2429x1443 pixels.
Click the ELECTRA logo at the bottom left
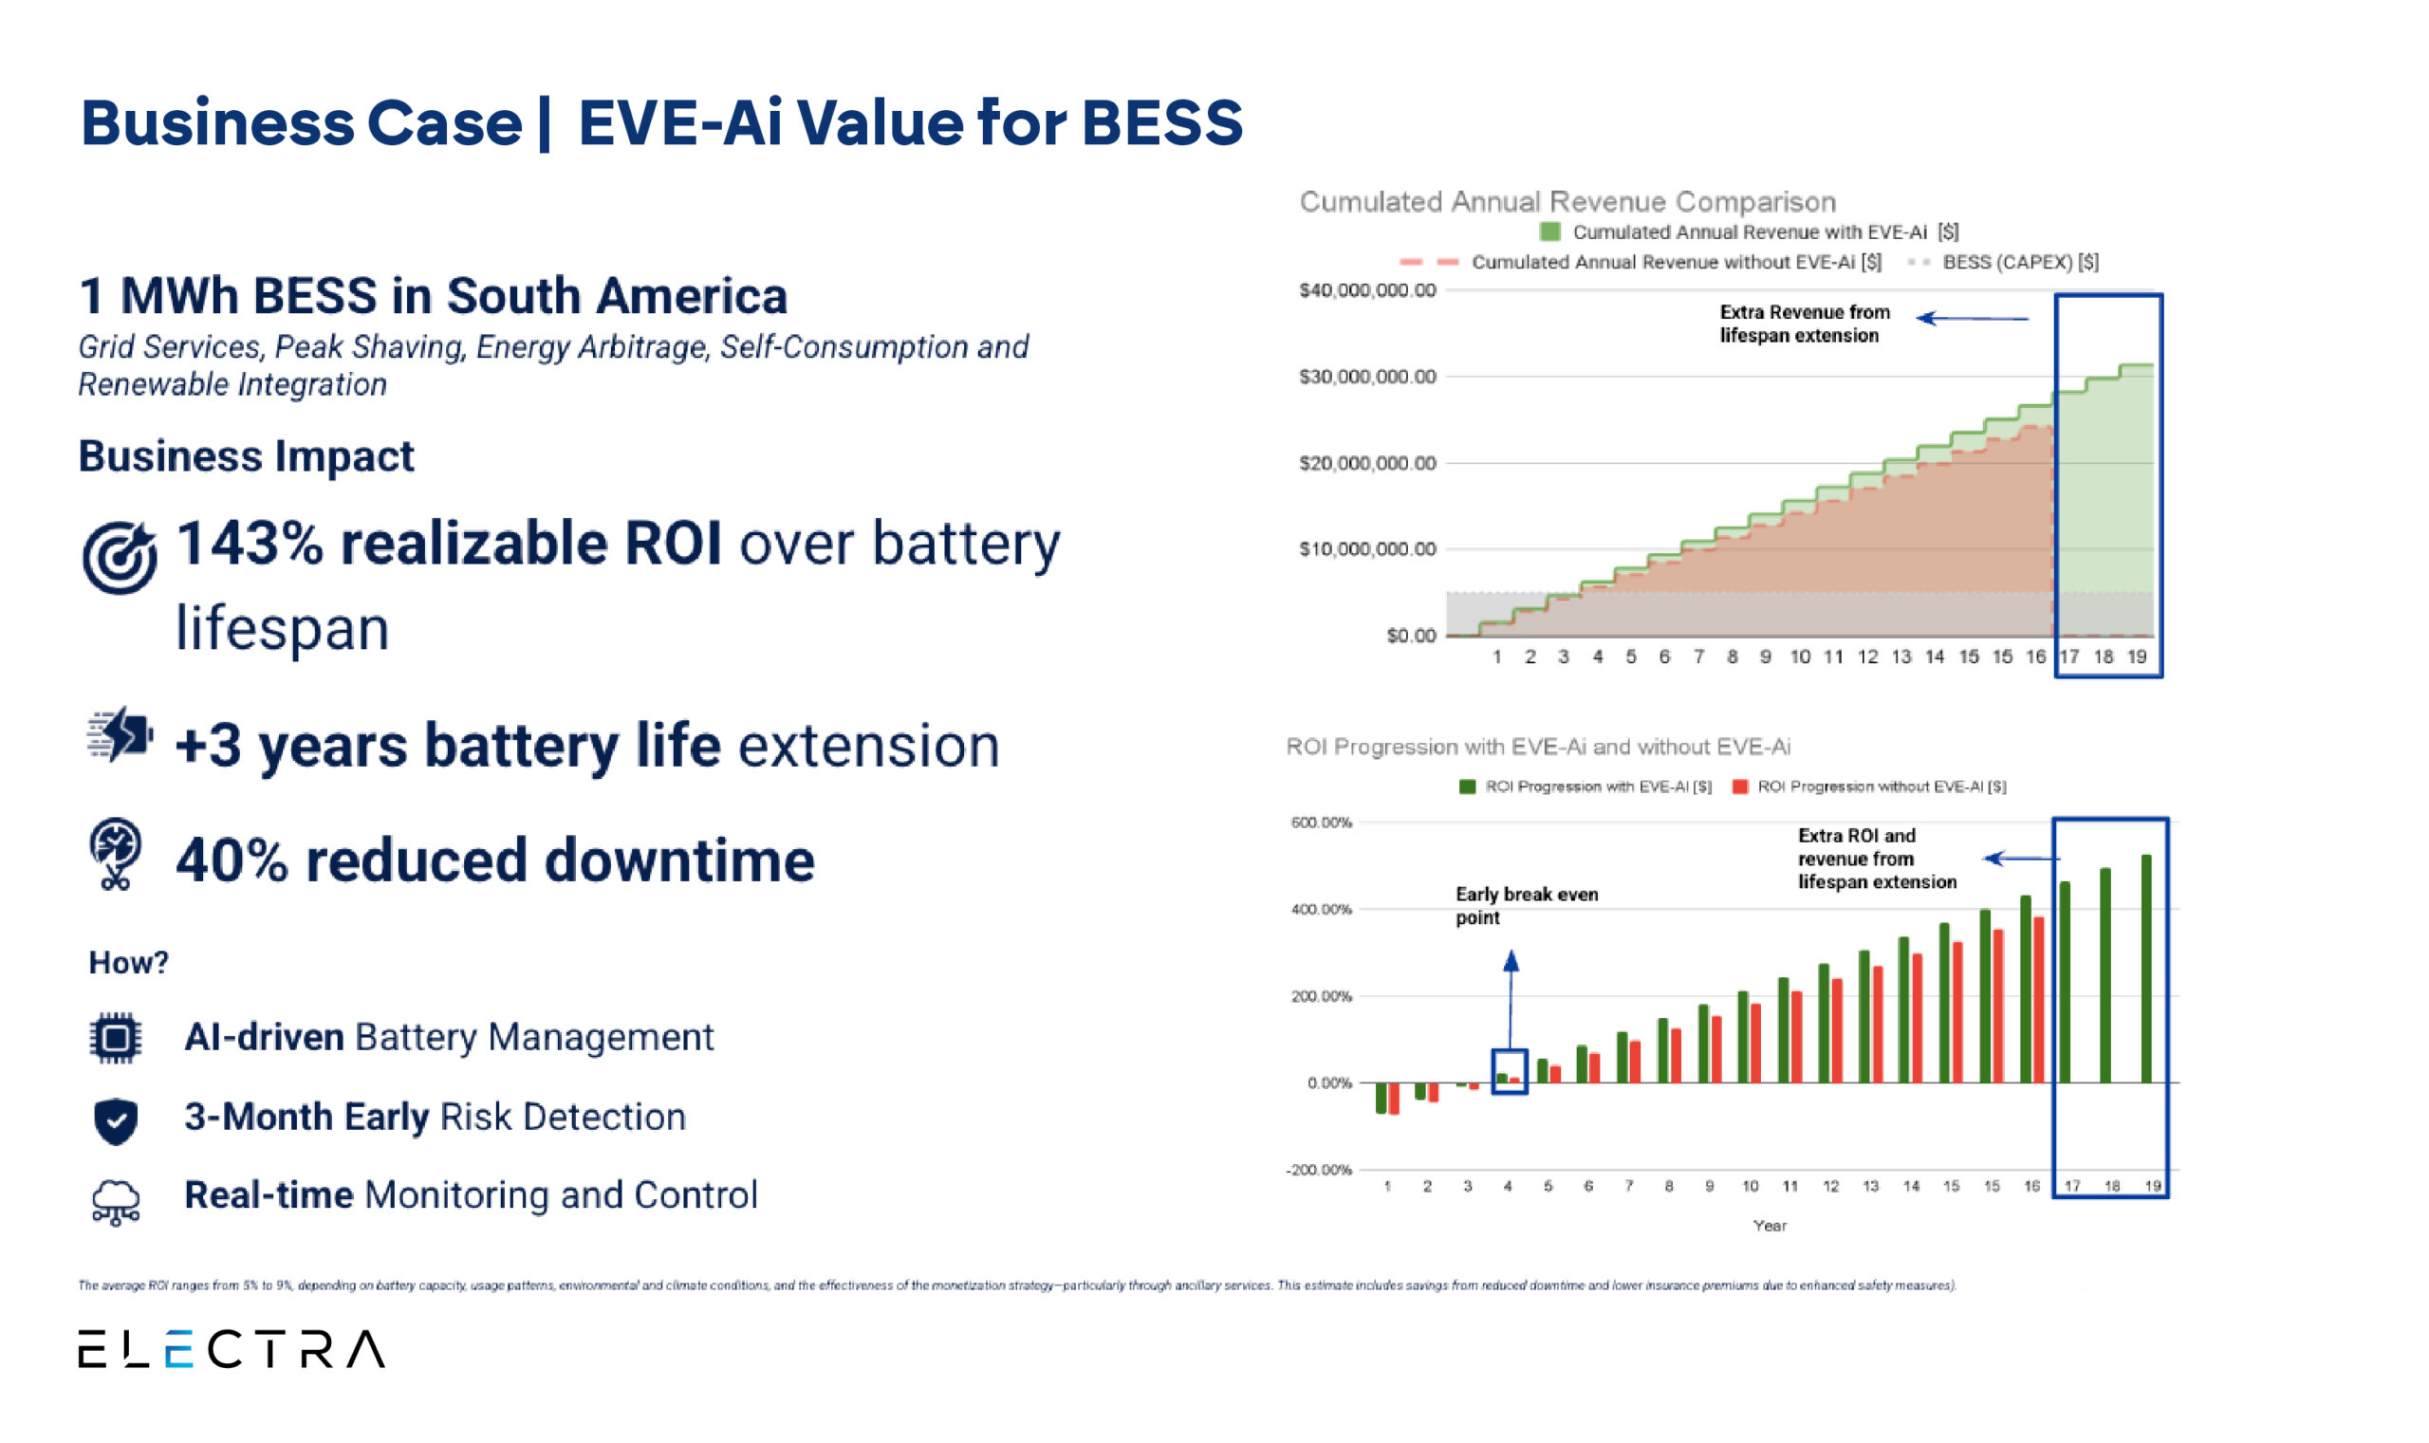coord(232,1349)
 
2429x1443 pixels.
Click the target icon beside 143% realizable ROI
coord(119,557)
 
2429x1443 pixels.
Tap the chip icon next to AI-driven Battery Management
coord(115,1038)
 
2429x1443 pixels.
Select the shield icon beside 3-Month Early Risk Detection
coord(116,1120)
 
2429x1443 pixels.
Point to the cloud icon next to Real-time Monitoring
coord(116,1201)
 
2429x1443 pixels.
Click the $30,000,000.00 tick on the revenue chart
coord(1366,377)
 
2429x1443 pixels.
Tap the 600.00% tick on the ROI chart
coord(1321,823)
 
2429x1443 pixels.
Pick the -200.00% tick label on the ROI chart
coord(1319,1170)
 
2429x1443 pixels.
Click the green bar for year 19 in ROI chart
coord(2146,969)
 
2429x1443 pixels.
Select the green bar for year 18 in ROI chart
coord(2105,975)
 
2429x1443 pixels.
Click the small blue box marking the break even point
coord(1510,1071)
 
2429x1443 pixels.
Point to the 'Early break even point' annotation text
coord(1526,905)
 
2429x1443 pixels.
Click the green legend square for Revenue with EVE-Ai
coord(1550,231)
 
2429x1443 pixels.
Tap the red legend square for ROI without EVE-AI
coord(1739,786)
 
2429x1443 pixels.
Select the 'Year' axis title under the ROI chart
coord(1769,1225)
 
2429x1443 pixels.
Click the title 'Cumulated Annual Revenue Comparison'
coord(1567,201)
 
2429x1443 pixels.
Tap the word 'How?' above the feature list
coord(128,962)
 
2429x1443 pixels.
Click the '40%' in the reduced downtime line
coord(232,860)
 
